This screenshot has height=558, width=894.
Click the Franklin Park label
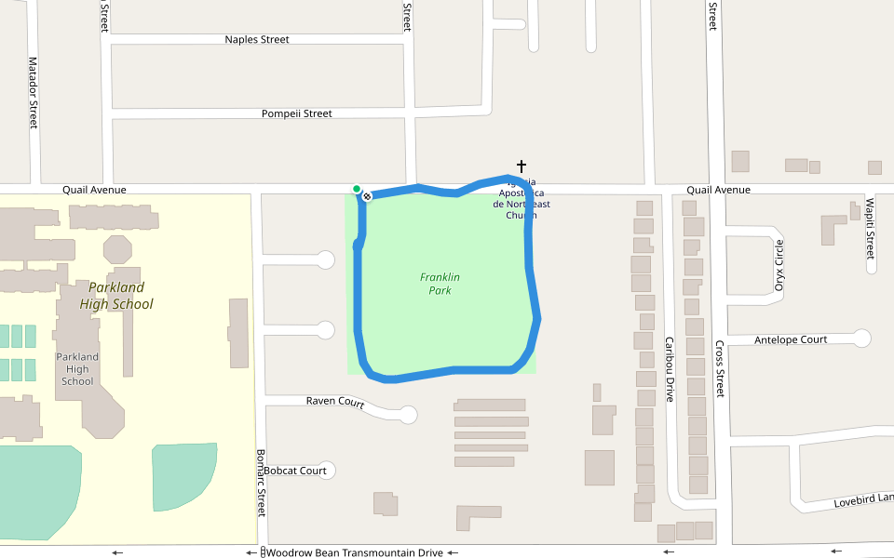click(440, 284)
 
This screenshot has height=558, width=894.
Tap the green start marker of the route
click(357, 189)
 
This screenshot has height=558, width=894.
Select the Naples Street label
click(257, 40)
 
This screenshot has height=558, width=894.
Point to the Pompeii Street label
click(297, 113)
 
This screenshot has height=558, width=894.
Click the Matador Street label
click(33, 92)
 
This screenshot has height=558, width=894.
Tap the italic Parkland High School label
click(116, 296)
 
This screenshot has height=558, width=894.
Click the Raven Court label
click(335, 402)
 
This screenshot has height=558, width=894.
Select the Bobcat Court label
click(295, 471)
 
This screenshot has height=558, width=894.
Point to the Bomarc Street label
click(261, 484)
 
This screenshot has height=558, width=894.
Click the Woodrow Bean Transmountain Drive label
click(355, 552)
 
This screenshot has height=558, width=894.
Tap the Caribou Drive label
click(669, 368)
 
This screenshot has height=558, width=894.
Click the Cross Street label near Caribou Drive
click(719, 368)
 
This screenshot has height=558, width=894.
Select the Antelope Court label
click(791, 339)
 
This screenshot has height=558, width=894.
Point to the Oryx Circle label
click(779, 265)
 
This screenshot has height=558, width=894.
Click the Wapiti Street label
click(870, 228)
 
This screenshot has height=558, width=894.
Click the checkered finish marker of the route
click(368, 196)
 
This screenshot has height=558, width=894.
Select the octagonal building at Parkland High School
click(118, 249)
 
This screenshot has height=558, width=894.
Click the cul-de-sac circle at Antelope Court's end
click(862, 339)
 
